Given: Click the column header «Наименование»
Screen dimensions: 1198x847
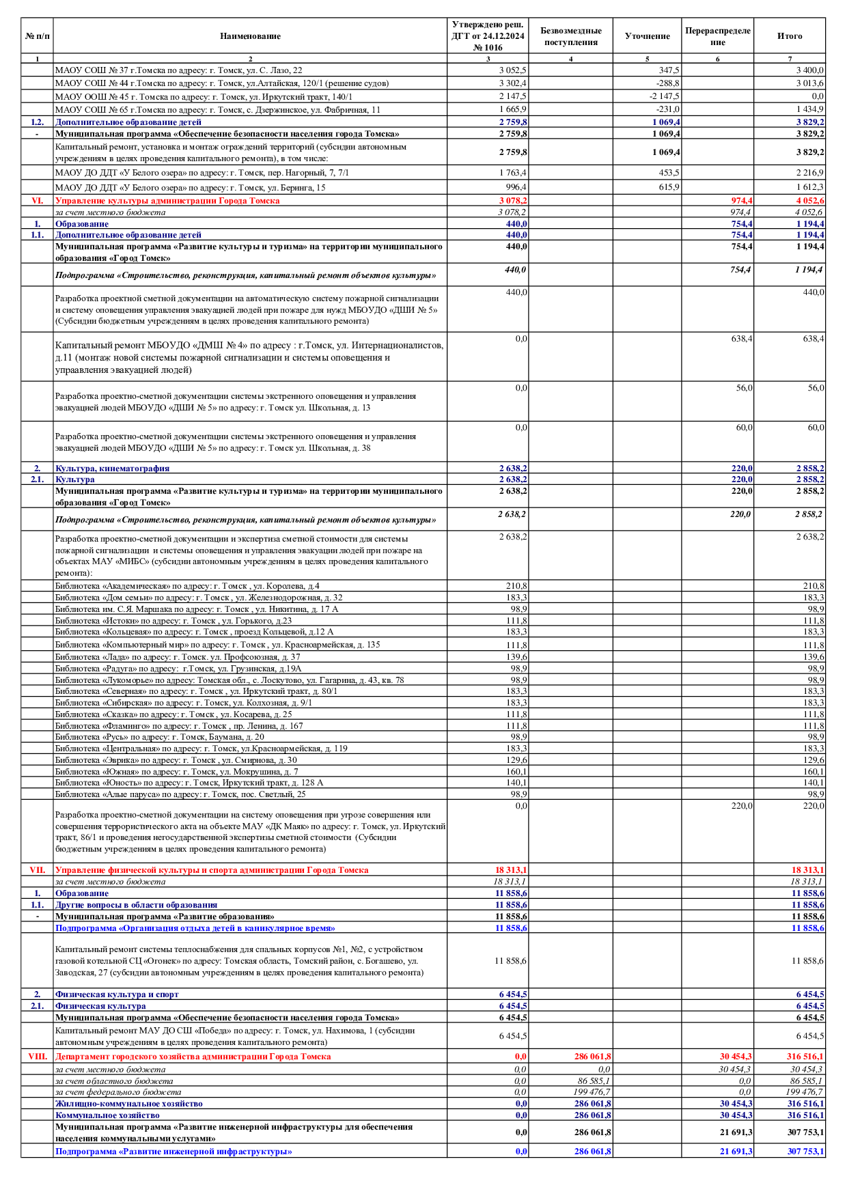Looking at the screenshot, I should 250,36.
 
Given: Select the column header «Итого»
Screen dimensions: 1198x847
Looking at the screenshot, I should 790,36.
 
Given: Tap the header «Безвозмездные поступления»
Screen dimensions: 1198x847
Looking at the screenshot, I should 570,36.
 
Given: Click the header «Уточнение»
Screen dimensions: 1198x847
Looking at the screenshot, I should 647,36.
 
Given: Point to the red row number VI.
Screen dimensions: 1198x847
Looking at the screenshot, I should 37,201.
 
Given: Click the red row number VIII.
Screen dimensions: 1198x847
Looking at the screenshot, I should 37,1057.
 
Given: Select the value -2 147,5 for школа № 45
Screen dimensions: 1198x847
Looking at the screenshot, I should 664,96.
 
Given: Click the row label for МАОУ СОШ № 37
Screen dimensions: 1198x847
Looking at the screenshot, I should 178,70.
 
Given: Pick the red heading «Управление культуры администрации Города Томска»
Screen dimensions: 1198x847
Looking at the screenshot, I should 167,201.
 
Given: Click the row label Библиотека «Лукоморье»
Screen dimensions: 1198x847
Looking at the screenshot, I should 230,680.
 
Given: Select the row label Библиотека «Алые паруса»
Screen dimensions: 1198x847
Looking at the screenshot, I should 180,794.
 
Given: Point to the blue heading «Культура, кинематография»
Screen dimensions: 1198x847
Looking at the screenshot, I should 112,469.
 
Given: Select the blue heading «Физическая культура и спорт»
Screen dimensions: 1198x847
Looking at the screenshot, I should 117,994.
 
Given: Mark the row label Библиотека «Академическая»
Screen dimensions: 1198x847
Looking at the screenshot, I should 187,586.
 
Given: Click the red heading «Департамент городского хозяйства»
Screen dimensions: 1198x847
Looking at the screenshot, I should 193,1057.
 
